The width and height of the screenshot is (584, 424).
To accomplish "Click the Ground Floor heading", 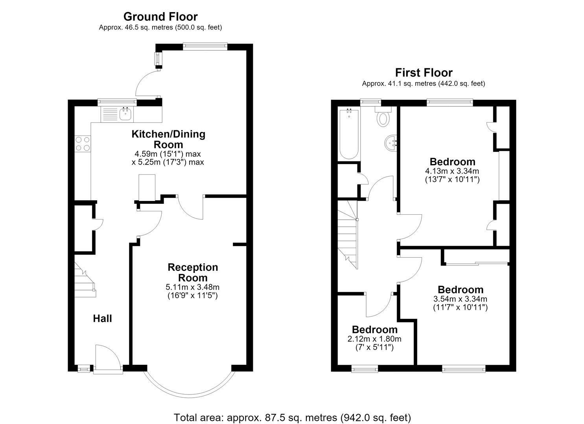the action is tap(160, 16).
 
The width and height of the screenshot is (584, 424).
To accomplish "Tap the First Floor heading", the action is tap(424, 73).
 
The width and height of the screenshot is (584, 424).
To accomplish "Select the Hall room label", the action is tap(103, 318).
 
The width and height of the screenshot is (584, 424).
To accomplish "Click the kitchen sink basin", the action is tap(126, 114).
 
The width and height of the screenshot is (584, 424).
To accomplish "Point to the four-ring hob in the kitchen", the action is tap(83, 144).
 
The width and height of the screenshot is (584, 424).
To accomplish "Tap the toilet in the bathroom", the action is tap(383, 117).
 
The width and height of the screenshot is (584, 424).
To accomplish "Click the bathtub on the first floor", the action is tap(349, 134).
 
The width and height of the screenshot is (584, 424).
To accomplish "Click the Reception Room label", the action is tap(193, 272).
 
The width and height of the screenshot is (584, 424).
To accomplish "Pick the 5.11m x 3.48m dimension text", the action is tap(193, 287).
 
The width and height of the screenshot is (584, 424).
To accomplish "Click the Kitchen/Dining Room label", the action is tap(168, 139).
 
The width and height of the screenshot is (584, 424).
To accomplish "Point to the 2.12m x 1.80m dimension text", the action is tap(374, 339).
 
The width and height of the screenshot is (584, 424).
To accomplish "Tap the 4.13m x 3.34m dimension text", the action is tap(452, 171).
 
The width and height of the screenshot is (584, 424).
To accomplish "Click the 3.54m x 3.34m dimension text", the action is tap(460, 299).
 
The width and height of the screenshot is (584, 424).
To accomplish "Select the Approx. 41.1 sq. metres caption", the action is tap(424, 84).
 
